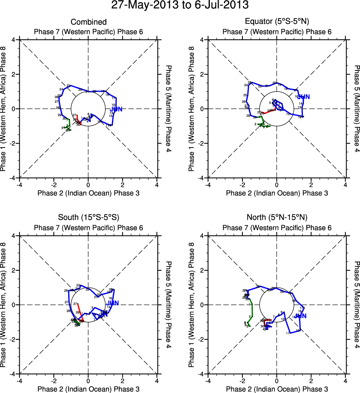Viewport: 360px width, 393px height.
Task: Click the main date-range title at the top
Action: pos(180,6)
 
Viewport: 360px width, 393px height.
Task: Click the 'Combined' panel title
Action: pos(88,22)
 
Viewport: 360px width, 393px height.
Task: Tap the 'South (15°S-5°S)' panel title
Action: pos(88,217)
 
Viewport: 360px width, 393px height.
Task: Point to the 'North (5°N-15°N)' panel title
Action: pos(277,217)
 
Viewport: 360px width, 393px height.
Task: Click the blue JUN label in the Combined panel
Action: pos(116,109)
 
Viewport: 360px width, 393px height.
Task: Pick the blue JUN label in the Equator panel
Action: pos(304,97)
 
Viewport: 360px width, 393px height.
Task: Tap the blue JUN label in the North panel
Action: pos(301,316)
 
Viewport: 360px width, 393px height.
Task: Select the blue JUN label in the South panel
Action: pos(112,303)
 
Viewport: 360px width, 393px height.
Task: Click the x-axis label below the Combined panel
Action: pos(88,193)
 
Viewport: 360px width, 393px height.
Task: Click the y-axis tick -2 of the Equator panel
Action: pos(202,143)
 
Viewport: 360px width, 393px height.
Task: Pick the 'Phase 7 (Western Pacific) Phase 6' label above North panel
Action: pos(277,228)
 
